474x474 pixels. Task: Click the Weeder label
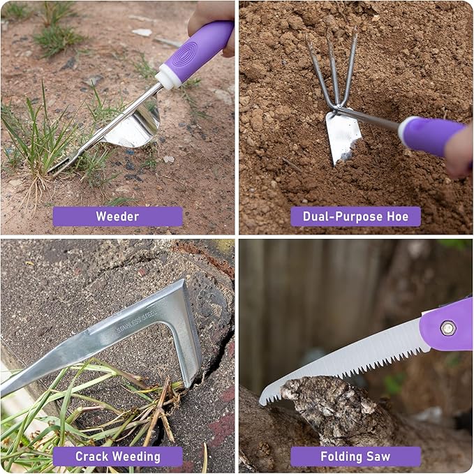tap(117, 216)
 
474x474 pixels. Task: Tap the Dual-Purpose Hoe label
tap(355, 216)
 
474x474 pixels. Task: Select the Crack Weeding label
tap(117, 457)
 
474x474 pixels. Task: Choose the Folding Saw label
tap(355, 457)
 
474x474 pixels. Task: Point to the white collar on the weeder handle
tap(168, 76)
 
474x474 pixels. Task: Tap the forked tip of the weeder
tap(59, 168)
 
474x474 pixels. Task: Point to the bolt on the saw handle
tap(447, 327)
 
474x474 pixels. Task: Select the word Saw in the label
tap(377, 457)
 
